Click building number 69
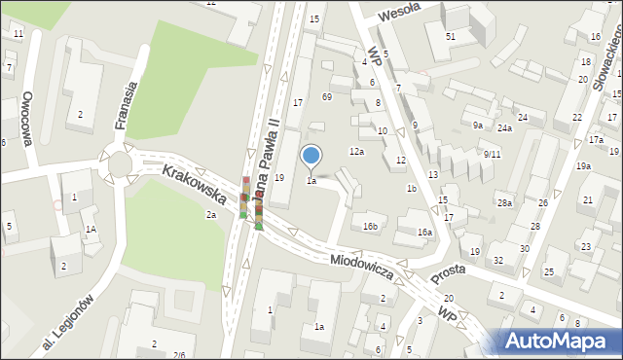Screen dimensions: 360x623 (x=327, y=97)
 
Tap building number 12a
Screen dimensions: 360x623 (x=357, y=152)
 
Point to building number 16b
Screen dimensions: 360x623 (x=370, y=227)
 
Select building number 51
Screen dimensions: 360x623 (x=451, y=36)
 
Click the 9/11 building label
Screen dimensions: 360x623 (x=492, y=154)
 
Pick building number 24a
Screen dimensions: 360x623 (x=504, y=128)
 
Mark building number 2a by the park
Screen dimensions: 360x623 (x=209, y=214)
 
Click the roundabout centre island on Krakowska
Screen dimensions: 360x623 (x=119, y=163)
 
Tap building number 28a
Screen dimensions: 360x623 (x=504, y=203)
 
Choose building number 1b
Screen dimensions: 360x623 (x=412, y=189)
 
